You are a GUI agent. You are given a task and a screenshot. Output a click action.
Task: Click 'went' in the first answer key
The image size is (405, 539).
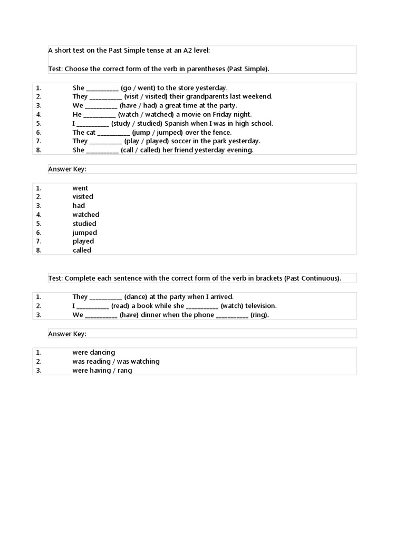coord(80,188)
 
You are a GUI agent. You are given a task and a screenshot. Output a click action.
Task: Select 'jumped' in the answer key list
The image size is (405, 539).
coord(84,233)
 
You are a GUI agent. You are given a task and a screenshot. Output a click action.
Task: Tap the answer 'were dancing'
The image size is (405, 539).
coord(93,353)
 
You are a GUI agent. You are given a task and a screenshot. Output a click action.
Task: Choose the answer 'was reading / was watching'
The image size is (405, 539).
coord(115,362)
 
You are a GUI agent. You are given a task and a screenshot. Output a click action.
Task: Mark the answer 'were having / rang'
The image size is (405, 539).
coord(102,371)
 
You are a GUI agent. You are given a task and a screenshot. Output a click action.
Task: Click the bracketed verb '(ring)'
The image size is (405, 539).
coord(259,315)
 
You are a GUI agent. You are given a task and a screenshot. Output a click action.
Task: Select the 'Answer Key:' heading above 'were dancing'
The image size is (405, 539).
coord(67,334)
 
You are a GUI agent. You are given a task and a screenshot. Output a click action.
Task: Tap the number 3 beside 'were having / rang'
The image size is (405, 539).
coord(38,371)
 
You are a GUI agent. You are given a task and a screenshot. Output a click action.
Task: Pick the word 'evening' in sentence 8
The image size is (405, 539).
coord(240,151)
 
